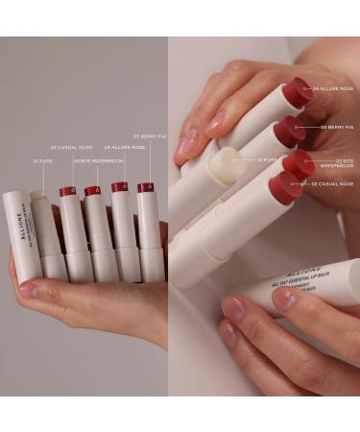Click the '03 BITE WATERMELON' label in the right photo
341,164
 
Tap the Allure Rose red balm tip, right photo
299,90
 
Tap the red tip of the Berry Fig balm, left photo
146,188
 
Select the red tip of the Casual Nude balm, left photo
68,191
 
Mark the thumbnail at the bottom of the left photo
28,289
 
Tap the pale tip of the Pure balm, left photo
38,195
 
